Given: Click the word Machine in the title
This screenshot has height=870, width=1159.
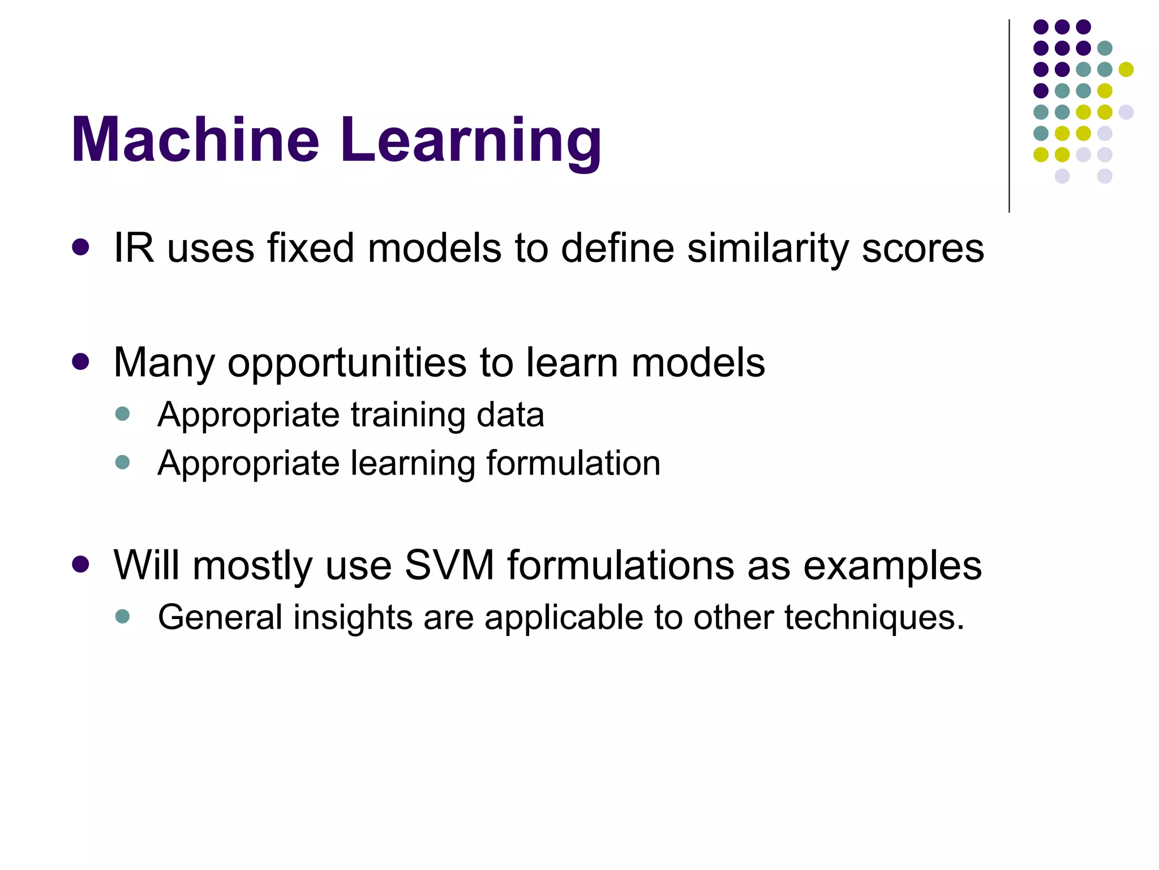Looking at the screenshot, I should pyautogui.click(x=195, y=140).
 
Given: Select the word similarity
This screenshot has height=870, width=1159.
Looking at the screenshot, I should pyautogui.click(x=767, y=249).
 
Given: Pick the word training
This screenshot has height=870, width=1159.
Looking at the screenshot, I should pyautogui.click(x=409, y=415).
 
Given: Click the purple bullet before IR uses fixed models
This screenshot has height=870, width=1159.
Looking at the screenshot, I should pyautogui.click(x=81, y=248).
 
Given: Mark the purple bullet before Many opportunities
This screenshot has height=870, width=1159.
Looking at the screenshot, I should pyautogui.click(x=81, y=362).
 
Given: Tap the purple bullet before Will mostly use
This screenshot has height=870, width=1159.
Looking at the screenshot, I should pyautogui.click(x=81, y=565).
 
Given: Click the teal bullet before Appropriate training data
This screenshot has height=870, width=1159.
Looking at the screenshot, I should pyautogui.click(x=122, y=413).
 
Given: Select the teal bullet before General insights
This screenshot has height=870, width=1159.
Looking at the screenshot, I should pyautogui.click(x=122, y=616).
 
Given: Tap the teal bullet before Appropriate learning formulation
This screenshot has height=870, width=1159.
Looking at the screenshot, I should pyautogui.click(x=122, y=462).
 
